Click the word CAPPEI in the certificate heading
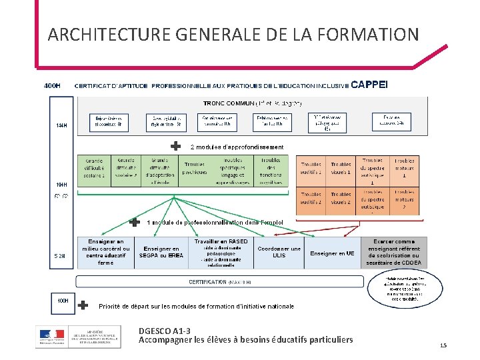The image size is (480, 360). [368, 85]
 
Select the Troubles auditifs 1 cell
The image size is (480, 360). [311, 168]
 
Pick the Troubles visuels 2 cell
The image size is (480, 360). [341, 198]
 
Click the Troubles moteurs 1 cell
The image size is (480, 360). [403, 168]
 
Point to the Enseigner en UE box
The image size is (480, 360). [332, 253]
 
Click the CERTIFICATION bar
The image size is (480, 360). [220, 282]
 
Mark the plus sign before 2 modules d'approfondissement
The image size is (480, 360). [175, 146]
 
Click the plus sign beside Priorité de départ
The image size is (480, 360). [83, 305]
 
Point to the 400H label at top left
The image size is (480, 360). [52, 85]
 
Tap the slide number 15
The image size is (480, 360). [443, 345]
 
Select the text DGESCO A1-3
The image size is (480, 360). [164, 331]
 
